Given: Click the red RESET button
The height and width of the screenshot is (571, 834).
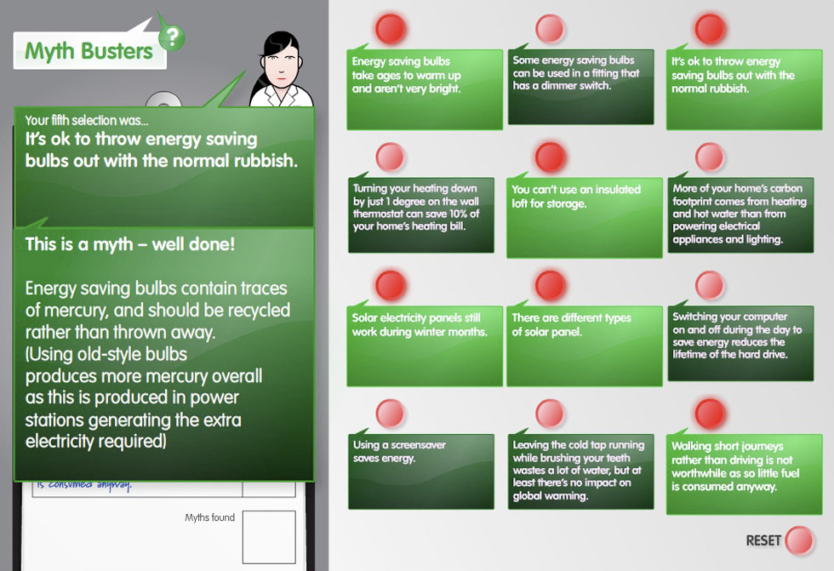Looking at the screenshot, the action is click(x=799, y=540).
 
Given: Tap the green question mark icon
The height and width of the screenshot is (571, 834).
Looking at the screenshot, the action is click(x=172, y=37).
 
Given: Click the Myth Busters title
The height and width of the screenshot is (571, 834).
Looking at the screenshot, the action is click(x=89, y=51).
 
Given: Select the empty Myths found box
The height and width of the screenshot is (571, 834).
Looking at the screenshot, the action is click(x=269, y=537).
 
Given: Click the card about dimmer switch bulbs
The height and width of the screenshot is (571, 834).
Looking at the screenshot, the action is click(x=580, y=87).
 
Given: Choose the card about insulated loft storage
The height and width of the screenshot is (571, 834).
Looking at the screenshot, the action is click(x=584, y=218).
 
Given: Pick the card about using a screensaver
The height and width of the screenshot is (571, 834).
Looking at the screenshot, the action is click(x=421, y=471).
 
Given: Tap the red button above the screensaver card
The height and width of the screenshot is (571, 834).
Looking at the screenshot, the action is click(x=391, y=414).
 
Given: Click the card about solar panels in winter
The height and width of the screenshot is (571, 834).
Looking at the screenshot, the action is click(x=425, y=345).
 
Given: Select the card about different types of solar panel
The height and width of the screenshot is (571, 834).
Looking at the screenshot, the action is click(x=584, y=345).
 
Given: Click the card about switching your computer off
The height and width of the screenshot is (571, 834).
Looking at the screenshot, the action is click(x=740, y=343).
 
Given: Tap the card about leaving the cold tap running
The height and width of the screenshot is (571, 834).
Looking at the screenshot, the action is click(x=580, y=471).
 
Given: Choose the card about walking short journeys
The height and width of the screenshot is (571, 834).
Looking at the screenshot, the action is click(x=744, y=474).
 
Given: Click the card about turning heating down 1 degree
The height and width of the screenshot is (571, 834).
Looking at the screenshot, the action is click(x=421, y=214).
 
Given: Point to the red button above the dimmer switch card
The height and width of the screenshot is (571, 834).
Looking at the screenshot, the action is click(x=550, y=28).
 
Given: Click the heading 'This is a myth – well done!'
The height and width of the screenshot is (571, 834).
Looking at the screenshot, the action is click(x=130, y=244).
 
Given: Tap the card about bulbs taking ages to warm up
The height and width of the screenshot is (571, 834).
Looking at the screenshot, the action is click(x=425, y=89).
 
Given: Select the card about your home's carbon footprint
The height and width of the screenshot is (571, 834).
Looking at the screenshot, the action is click(x=740, y=214).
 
